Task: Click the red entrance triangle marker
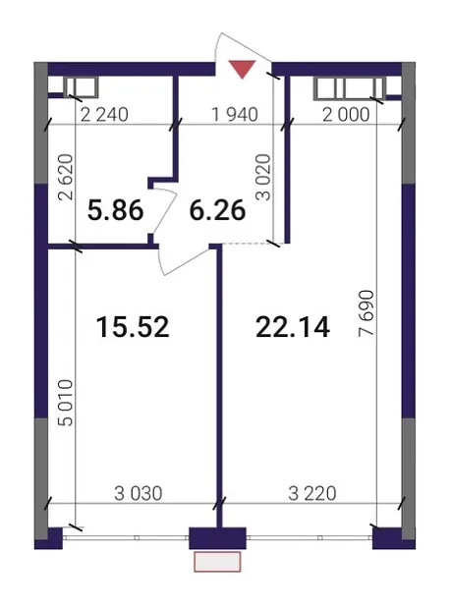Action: pyautogui.click(x=242, y=69)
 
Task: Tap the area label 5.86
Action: pyautogui.click(x=115, y=210)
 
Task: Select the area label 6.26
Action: pyautogui.click(x=217, y=210)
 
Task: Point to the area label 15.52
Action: pyautogui.click(x=133, y=327)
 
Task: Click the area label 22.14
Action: pyautogui.click(x=293, y=327)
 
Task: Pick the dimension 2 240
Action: pyautogui.click(x=104, y=115)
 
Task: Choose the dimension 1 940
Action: pyautogui.click(x=235, y=115)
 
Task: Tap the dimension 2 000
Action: pyautogui.click(x=346, y=115)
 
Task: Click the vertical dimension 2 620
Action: pyautogui.click(x=66, y=177)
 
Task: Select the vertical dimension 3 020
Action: pyautogui.click(x=263, y=177)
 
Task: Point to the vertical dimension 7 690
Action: pyautogui.click(x=367, y=312)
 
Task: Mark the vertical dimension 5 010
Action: pyautogui.click(x=66, y=403)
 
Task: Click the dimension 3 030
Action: pyautogui.click(x=138, y=494)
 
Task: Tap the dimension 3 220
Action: pyautogui.click(x=312, y=494)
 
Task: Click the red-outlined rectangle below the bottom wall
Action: pyautogui.click(x=217, y=562)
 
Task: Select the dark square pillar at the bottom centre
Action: pyautogui.click(x=217, y=538)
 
